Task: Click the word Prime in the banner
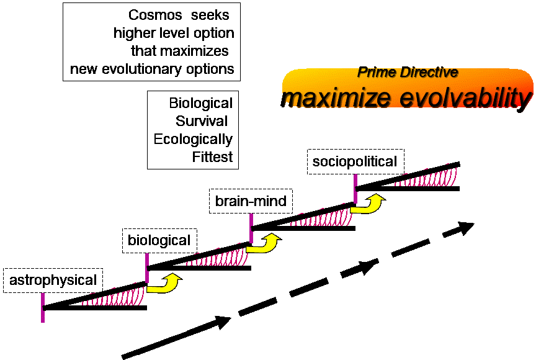pos(376,72)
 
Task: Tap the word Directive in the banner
pos(429,72)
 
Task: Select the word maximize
pos(338,98)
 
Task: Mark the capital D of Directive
pos(404,72)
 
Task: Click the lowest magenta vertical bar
pos(43,308)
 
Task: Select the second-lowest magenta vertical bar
pos(147,268)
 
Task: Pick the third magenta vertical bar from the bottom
pos(251,228)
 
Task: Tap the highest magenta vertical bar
pos(355,189)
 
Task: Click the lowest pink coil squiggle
pos(113,297)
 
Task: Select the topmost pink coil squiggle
pos(426,177)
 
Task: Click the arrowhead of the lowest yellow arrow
pos(173,277)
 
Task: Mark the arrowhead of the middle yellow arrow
pos(274,238)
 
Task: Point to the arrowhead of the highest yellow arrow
pos(377,198)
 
